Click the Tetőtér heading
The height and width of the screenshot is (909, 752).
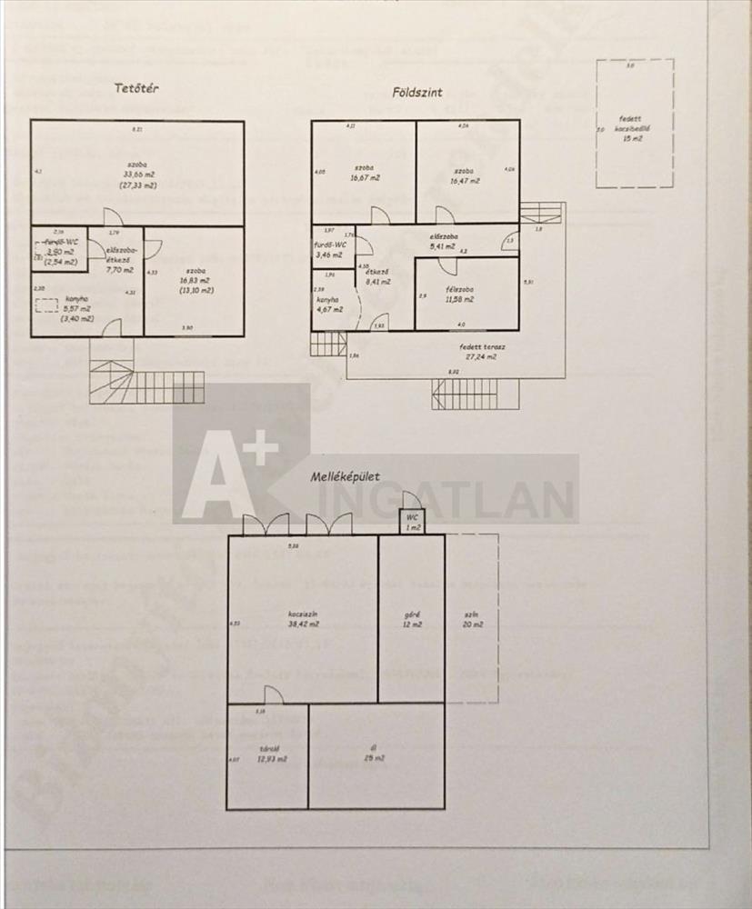click(x=138, y=88)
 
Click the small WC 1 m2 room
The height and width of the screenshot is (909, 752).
click(x=411, y=522)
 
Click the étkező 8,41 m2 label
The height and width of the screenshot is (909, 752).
click(x=377, y=276)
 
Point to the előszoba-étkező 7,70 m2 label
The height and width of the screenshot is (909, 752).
click(x=119, y=260)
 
